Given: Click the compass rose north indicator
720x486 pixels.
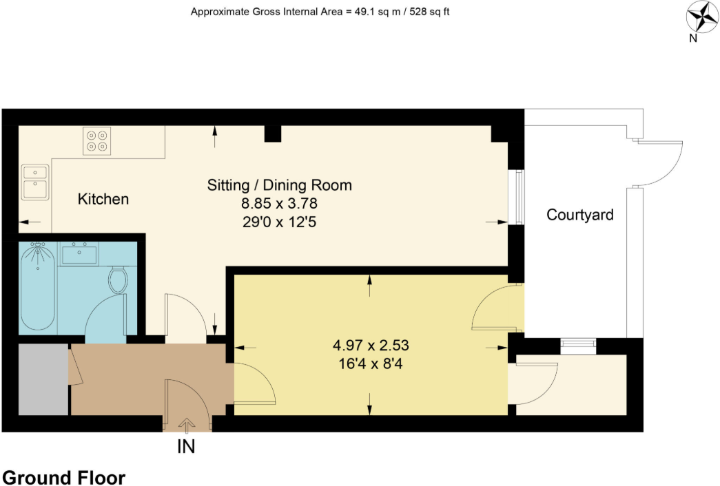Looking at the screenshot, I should tap(702, 17).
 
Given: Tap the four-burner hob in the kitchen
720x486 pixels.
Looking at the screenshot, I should tap(97, 140).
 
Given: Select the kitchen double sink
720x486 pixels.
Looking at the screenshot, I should tap(34, 182).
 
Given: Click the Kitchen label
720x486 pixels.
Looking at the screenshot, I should tap(103, 200).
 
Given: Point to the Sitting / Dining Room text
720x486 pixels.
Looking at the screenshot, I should tap(279, 185).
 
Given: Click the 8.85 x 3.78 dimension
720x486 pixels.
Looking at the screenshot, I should tap(279, 204).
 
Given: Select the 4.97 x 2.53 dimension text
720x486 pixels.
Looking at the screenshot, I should tap(371, 345).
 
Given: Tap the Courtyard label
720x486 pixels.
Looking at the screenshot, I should tap(579, 215).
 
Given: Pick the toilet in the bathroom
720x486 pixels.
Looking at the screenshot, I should tap(119, 279).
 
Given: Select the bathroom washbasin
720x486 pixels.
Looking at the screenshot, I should tap(79, 253).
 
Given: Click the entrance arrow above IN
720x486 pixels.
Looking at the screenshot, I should tap(187, 424).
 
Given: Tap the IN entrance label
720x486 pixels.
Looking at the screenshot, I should tap(186, 447).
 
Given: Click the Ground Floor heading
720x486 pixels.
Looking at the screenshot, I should tap(64, 478).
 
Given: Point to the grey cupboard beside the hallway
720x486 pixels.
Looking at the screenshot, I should tap(43, 379).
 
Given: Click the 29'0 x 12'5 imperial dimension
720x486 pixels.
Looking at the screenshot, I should tap(279, 222).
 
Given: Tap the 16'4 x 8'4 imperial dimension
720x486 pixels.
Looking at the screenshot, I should tap(371, 363).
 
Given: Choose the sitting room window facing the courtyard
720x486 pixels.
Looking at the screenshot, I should tap(517, 197).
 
